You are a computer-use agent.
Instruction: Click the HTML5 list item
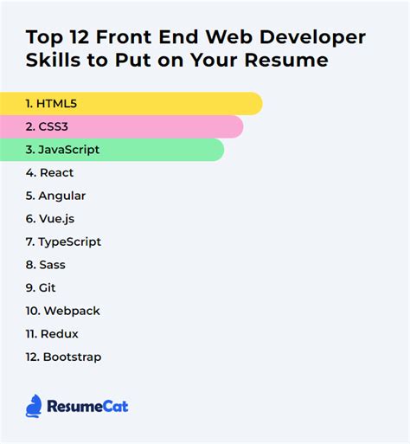point(52,104)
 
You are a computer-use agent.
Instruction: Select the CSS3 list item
point(48,127)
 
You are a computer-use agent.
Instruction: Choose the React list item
point(49,173)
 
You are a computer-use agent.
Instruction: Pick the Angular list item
point(55,196)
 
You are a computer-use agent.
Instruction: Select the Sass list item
point(45,265)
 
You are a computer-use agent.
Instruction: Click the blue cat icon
point(34,405)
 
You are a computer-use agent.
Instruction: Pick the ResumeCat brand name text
point(88,406)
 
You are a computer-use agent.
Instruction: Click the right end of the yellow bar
point(256,104)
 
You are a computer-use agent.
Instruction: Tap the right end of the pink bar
point(237,127)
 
